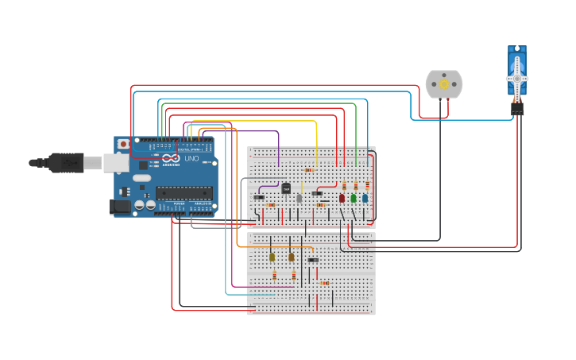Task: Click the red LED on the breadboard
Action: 342,198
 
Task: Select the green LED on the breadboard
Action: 354,198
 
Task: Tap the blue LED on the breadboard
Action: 365,198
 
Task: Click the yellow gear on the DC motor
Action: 443,84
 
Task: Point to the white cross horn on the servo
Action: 517,78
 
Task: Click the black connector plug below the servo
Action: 517,109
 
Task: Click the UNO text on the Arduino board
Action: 191,159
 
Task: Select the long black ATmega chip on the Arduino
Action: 184,192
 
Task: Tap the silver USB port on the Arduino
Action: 115,163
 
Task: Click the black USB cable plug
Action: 65,163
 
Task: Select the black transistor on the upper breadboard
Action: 286,188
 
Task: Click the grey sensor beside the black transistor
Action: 300,198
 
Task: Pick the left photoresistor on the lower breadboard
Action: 272,257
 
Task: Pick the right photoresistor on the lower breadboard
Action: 292,257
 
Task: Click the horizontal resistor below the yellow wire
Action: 309,170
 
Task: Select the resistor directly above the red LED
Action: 344,185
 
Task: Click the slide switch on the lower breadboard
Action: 313,260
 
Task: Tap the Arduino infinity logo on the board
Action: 170,159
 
